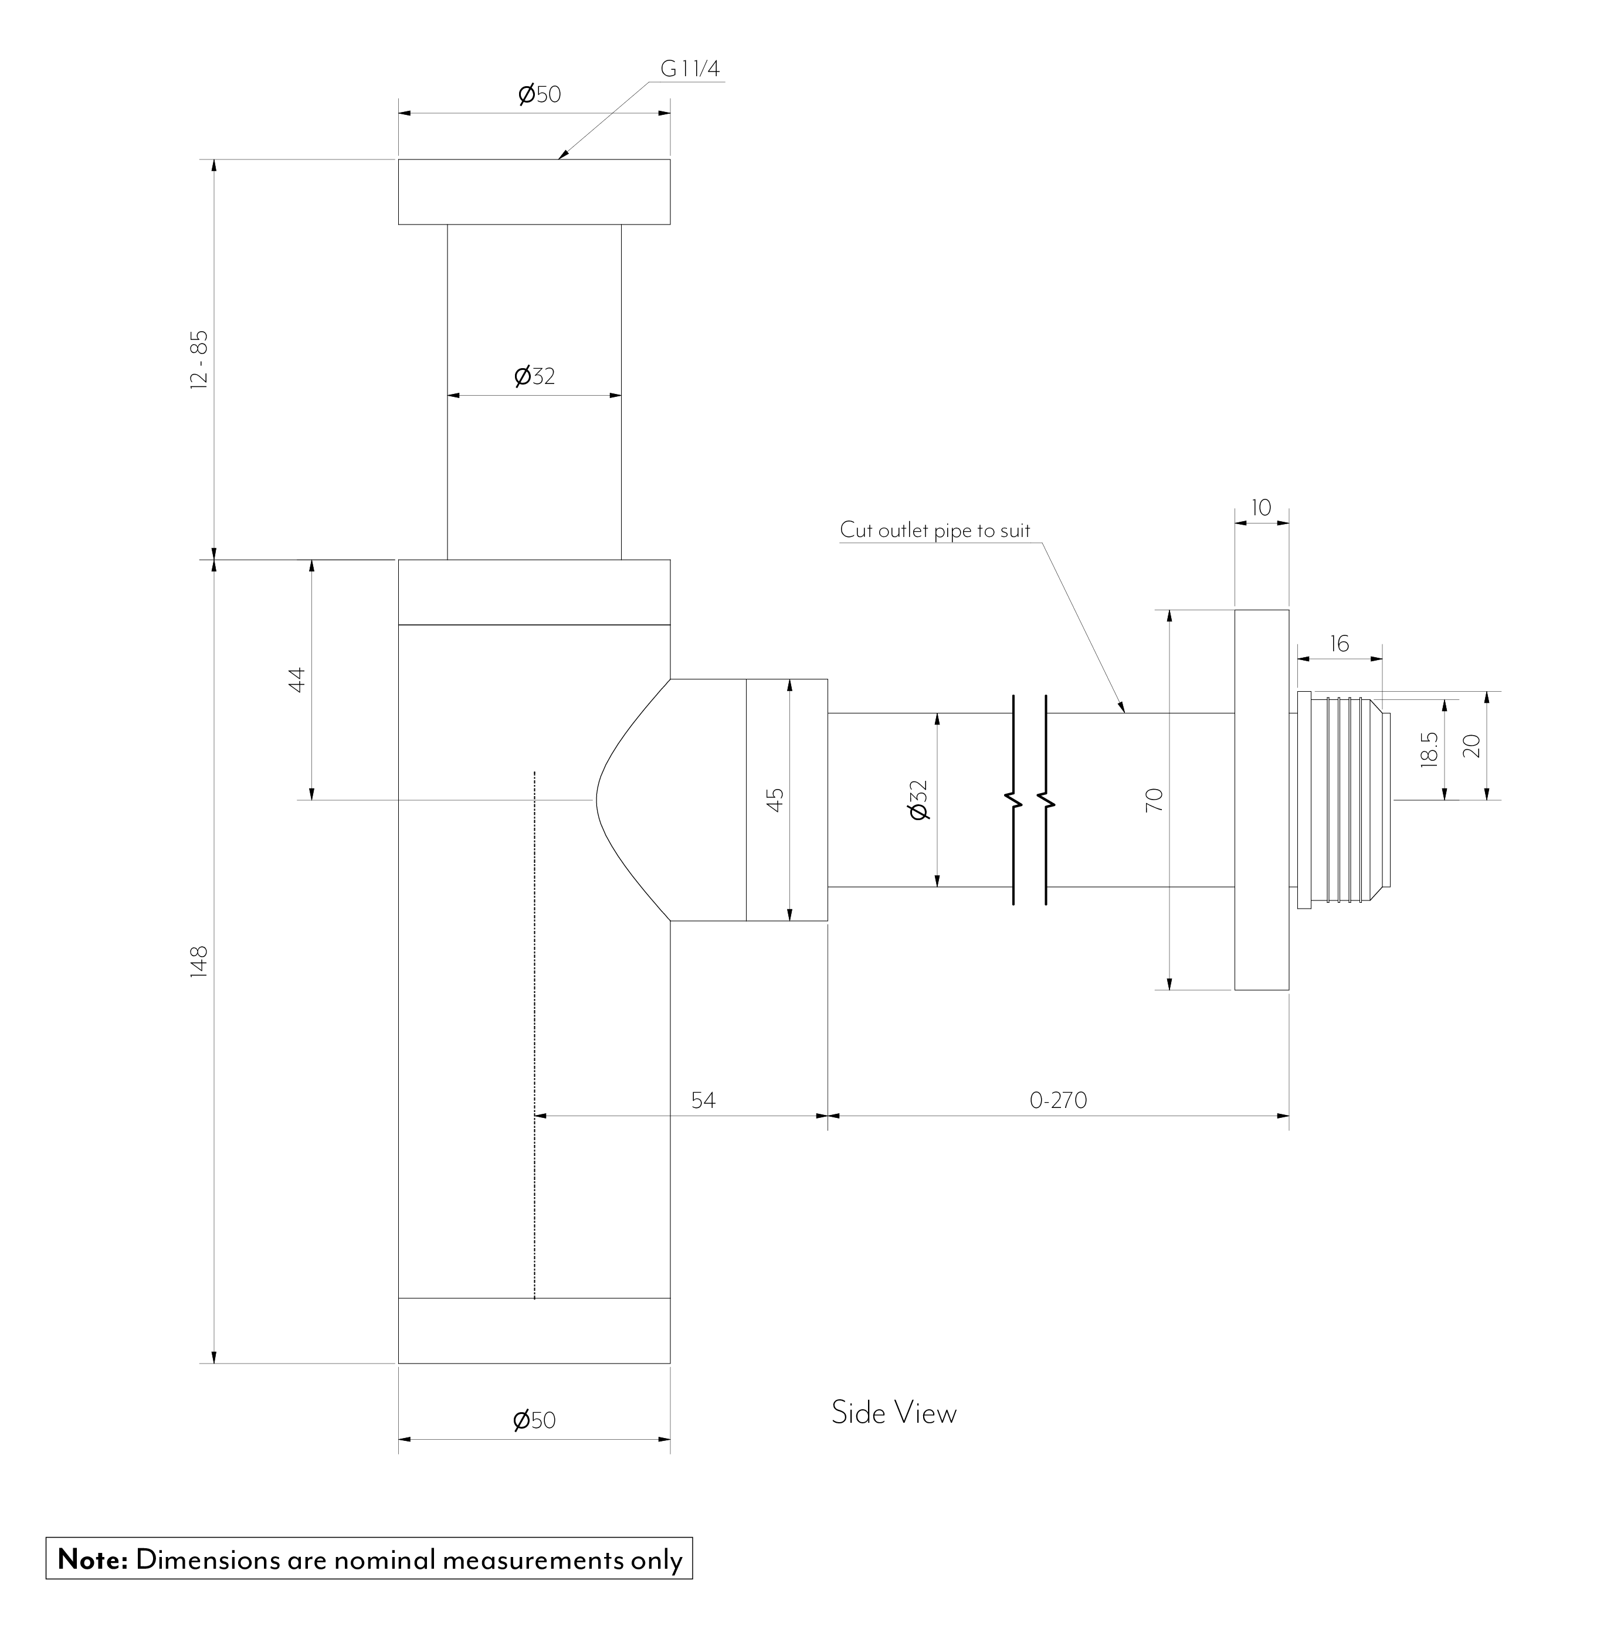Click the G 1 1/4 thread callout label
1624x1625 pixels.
click(x=690, y=70)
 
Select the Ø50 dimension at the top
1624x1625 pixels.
click(x=538, y=94)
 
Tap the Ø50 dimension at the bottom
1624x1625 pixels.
click(x=534, y=1420)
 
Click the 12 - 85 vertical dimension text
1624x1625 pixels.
click(x=199, y=359)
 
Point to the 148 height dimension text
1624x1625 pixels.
click(x=199, y=961)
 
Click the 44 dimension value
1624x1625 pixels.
click(x=296, y=679)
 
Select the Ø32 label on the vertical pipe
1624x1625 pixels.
click(x=534, y=376)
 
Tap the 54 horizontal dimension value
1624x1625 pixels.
click(x=703, y=1100)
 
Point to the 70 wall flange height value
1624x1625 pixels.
click(x=1154, y=799)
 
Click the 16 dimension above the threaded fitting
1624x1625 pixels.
click(x=1339, y=644)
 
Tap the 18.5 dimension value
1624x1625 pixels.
click(x=1429, y=749)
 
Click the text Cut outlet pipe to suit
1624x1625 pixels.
click(x=934, y=531)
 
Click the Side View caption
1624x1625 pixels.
click(x=894, y=1412)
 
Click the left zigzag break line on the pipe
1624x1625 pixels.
click(x=1014, y=800)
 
